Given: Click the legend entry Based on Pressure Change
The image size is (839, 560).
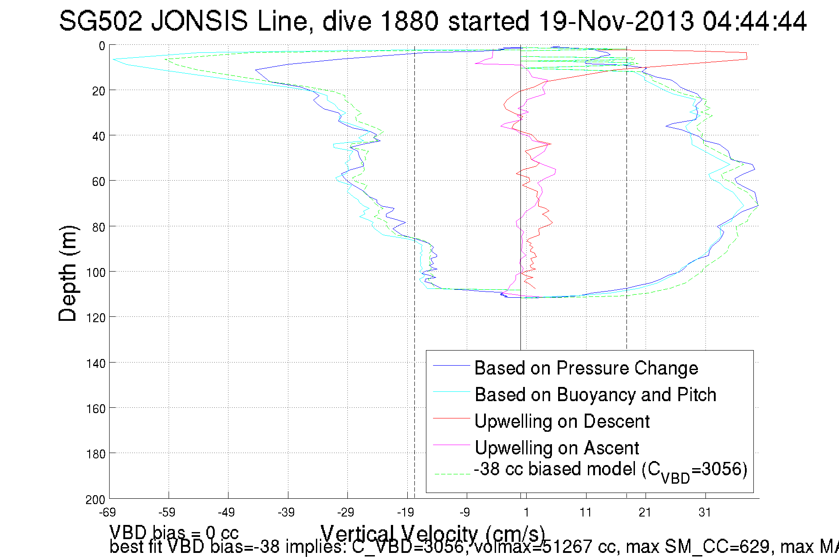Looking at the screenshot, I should (x=586, y=368).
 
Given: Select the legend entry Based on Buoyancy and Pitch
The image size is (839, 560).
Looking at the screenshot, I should (x=595, y=395).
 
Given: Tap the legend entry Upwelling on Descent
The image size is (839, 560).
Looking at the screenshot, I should (x=562, y=422).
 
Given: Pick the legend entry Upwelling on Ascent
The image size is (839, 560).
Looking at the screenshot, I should (x=556, y=448).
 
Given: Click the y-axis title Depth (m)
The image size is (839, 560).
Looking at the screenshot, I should (x=68, y=273).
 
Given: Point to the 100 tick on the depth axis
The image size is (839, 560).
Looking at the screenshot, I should (x=96, y=272).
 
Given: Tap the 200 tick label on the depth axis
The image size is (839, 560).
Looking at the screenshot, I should (x=96, y=500).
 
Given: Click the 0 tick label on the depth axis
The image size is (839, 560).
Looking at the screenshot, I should (x=102, y=46).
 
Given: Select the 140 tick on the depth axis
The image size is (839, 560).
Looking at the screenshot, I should (x=96, y=363).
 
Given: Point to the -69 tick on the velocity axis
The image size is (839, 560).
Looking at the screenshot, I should (x=107, y=513).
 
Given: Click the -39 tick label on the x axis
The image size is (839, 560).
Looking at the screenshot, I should (x=286, y=513).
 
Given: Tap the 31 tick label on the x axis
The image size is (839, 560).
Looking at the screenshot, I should (x=705, y=513).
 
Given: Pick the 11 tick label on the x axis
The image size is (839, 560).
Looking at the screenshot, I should (x=586, y=513).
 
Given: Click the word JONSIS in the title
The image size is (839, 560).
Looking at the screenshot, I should (x=199, y=21).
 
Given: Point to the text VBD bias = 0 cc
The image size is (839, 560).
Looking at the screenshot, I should (x=174, y=532).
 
